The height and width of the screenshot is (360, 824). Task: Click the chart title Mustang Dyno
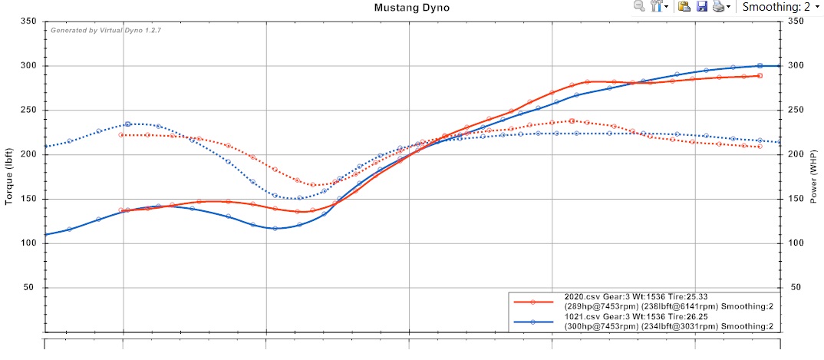click(411, 8)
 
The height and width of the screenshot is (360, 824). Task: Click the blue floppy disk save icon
click(701, 7)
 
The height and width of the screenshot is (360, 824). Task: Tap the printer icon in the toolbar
click(718, 7)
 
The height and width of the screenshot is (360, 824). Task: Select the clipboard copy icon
click(684, 7)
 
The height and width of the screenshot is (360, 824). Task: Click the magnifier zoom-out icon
click(639, 7)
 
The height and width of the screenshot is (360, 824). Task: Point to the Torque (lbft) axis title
click(10, 177)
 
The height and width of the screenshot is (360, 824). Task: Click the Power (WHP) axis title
click(815, 177)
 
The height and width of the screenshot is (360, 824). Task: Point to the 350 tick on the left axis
click(28, 21)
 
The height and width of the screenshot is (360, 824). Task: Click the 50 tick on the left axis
click(31, 288)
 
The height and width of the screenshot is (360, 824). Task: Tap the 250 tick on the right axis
click(795, 111)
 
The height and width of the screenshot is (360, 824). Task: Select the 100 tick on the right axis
click(795, 243)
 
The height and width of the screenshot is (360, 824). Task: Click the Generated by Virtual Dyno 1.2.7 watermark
click(106, 30)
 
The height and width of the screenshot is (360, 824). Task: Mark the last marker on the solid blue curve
click(760, 66)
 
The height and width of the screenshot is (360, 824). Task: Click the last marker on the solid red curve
click(760, 76)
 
